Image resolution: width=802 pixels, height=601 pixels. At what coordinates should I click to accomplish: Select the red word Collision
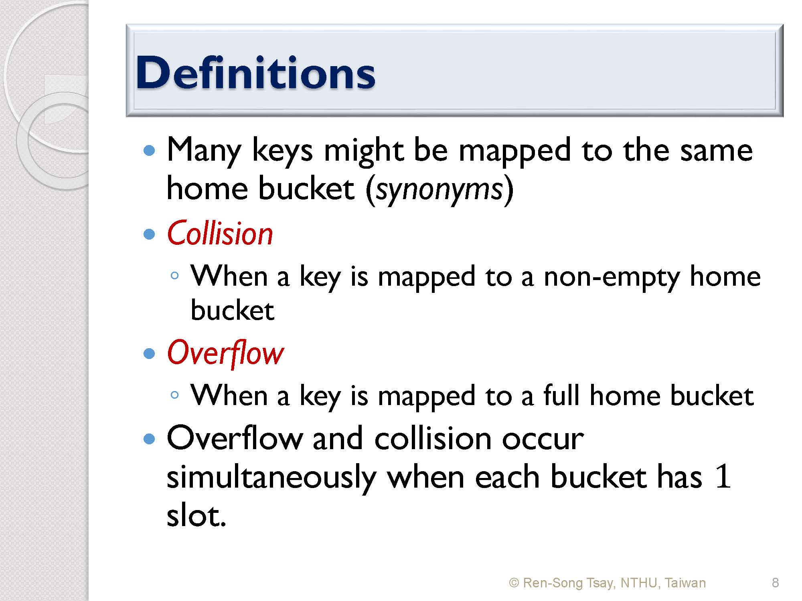click(220, 233)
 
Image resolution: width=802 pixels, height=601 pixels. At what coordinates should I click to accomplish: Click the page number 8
click(775, 583)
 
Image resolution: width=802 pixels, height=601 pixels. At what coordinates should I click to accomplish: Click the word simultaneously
click(271, 478)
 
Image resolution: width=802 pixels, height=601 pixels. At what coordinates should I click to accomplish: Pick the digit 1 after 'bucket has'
click(723, 477)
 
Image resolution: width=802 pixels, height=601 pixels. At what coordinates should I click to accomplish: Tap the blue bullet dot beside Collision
click(149, 234)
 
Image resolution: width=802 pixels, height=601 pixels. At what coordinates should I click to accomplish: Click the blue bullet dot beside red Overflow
click(149, 353)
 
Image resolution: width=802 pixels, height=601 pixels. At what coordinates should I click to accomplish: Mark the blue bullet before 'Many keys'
click(149, 151)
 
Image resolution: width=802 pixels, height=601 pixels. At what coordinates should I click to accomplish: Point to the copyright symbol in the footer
click(514, 583)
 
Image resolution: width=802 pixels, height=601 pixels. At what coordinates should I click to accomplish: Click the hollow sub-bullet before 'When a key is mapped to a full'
click(174, 395)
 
